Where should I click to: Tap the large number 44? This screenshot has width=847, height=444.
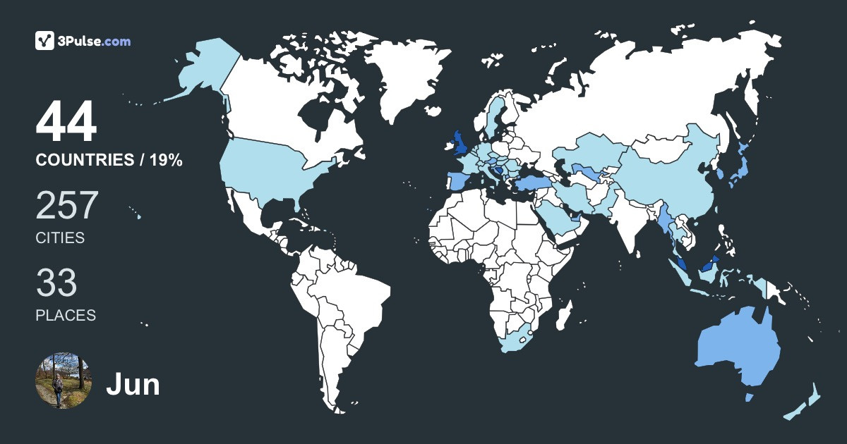pyautogui.click(x=66, y=123)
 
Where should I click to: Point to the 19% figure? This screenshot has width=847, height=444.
pyautogui.click(x=165, y=161)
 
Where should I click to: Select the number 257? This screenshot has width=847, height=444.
pyautogui.click(x=67, y=205)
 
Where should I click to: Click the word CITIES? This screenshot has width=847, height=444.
pyautogui.click(x=60, y=238)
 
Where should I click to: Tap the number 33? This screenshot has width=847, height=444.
pyautogui.click(x=56, y=283)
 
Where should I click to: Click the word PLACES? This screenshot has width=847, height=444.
pyautogui.click(x=66, y=316)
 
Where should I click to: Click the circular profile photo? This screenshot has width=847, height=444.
pyautogui.click(x=64, y=381)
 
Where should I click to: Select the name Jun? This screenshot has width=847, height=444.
pyautogui.click(x=133, y=385)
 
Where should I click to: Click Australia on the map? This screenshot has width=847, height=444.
pyautogui.click(x=738, y=349)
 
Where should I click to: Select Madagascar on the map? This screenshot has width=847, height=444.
pyautogui.click(x=563, y=314)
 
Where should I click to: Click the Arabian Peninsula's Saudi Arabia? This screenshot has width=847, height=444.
pyautogui.click(x=561, y=218)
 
